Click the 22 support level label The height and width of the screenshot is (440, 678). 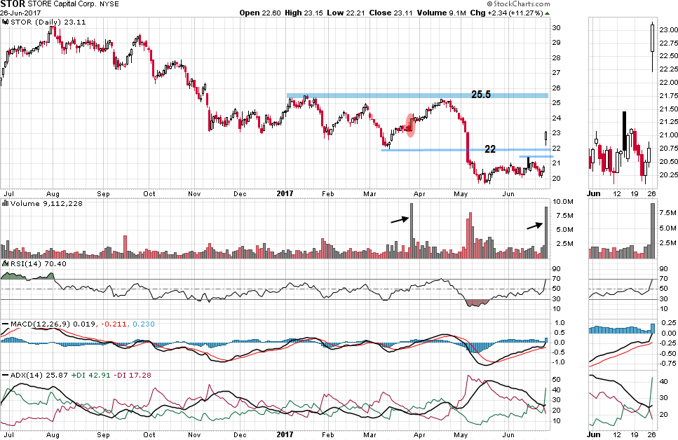pos(491,149)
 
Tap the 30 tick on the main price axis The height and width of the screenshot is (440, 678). pos(556,28)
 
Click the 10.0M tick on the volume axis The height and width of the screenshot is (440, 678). pos(562,202)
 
